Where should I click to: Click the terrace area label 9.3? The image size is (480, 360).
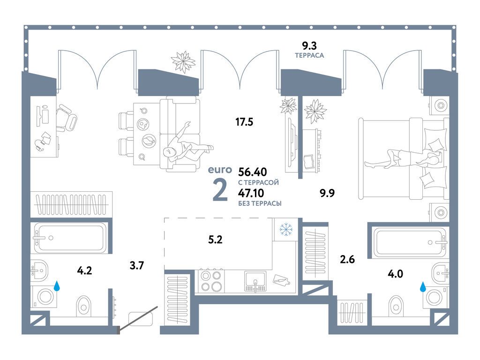click(309, 45)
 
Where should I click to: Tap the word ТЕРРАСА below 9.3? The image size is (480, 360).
click(309, 55)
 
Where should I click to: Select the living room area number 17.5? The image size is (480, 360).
click(244, 123)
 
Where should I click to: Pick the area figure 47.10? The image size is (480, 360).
click(251, 193)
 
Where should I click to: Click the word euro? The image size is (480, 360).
click(220, 170)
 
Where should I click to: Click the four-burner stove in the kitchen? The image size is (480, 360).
click(210, 281)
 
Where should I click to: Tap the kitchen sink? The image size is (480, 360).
click(255, 280)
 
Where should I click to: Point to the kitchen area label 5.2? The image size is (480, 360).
click(215, 240)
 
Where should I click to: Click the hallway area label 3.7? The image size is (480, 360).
click(136, 266)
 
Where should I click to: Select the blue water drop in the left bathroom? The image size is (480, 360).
click(57, 285)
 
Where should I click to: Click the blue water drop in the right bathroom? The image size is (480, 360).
click(423, 286)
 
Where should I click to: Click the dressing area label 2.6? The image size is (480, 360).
click(347, 258)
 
